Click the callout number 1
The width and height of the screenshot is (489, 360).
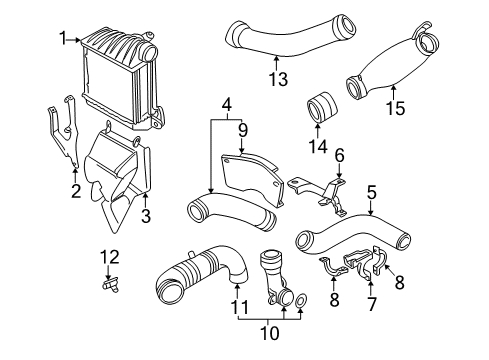63,38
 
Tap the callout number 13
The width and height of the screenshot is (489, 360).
278,79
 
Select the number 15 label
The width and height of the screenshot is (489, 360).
396,108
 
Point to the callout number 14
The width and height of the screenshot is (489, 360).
318,146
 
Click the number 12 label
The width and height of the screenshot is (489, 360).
110,257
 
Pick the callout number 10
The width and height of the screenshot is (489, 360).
269,333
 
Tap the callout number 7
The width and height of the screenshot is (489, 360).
371,304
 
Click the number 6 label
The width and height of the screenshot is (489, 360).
339,155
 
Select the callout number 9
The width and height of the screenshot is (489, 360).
243,130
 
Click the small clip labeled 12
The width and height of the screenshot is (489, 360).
110,285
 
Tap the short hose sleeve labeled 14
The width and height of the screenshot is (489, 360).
322,107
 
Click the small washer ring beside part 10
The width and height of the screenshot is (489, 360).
301,301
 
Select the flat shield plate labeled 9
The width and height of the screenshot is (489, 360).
252,179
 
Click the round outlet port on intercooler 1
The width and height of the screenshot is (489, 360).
149,52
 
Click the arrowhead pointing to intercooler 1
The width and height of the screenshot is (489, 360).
79,40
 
